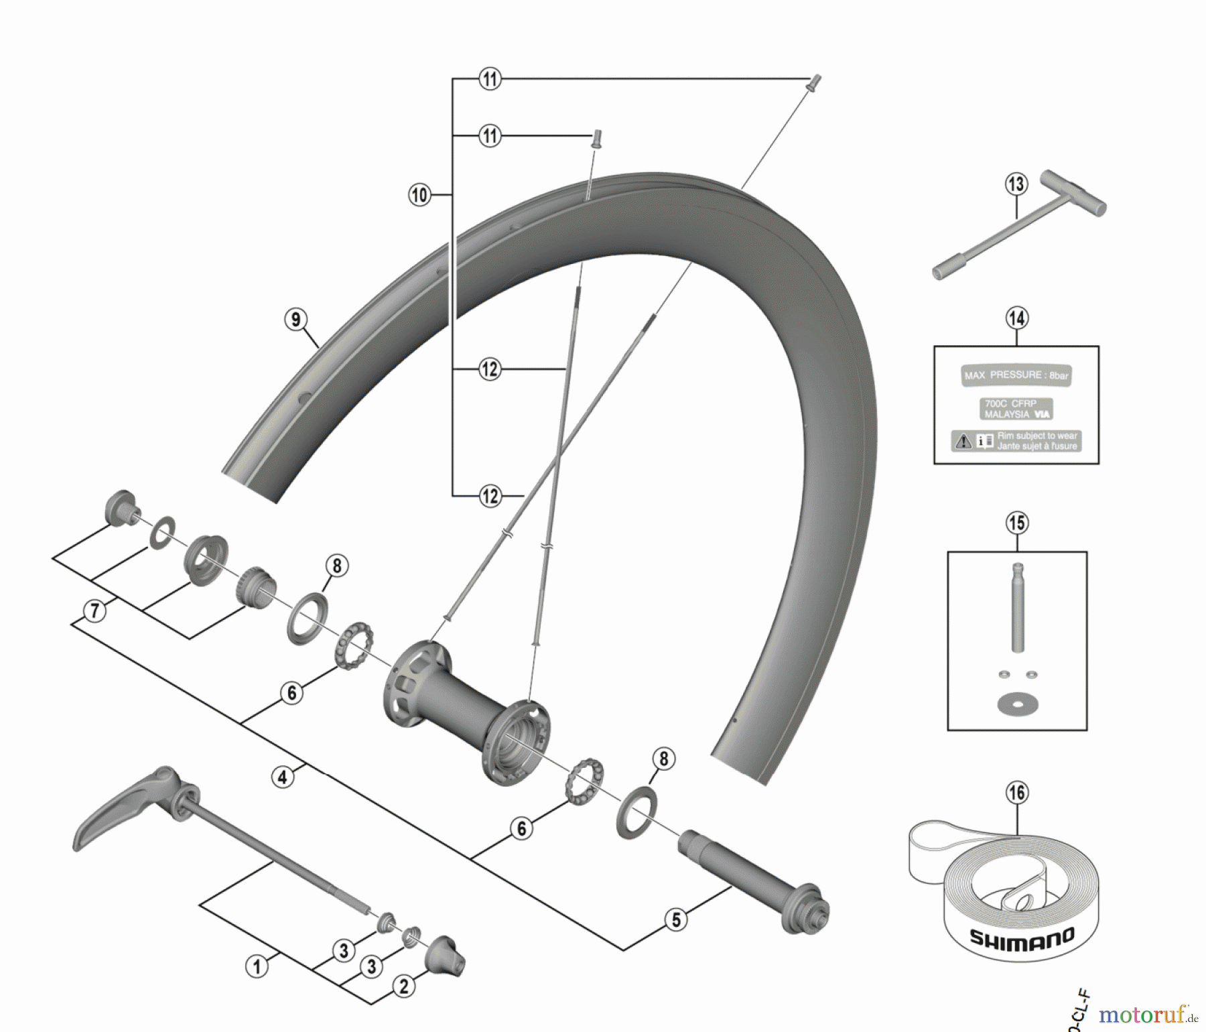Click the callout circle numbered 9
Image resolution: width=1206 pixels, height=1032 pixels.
(296, 319)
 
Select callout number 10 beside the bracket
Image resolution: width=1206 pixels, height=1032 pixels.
(419, 195)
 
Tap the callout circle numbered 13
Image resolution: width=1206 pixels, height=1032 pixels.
(1016, 184)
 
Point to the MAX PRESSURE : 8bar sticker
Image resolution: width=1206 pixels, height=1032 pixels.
(1016, 375)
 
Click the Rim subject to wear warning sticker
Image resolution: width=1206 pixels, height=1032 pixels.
(1016, 440)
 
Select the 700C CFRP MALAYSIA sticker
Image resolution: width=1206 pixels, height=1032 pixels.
(1016, 409)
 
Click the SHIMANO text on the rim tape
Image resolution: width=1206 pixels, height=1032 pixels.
(1022, 938)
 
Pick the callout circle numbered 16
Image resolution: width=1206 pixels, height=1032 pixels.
(1016, 793)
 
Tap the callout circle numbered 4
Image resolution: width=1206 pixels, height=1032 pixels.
(282, 777)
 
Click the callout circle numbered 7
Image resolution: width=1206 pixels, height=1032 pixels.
(94, 610)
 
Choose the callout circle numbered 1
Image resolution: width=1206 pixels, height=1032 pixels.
(256, 966)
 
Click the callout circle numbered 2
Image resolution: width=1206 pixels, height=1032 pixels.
(403, 986)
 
